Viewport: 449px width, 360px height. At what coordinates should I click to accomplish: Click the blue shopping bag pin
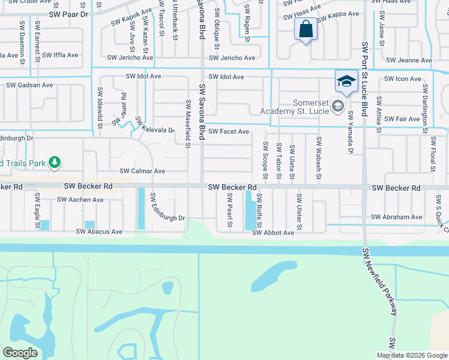[x=306, y=29]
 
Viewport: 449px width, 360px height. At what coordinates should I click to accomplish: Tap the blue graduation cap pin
[x=346, y=81]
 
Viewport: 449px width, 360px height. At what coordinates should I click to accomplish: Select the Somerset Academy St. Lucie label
[x=295, y=106]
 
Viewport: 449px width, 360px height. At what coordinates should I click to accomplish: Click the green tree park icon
[x=55, y=162]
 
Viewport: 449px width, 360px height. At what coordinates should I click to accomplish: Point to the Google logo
[x=20, y=353]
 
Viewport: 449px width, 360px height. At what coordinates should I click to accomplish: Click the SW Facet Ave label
[x=229, y=131]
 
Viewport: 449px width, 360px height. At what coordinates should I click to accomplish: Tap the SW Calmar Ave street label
[x=142, y=171]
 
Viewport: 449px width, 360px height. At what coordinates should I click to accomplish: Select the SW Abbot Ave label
[x=273, y=232]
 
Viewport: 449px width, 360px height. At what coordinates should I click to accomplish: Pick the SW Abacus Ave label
[x=99, y=232]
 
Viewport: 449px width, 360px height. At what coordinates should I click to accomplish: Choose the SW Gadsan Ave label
[x=29, y=85]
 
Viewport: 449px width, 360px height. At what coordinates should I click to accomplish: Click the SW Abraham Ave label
[x=397, y=217]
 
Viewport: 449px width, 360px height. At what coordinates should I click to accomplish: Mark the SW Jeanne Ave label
[x=409, y=60]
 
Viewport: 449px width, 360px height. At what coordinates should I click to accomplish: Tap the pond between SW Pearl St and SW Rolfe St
[x=249, y=211]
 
